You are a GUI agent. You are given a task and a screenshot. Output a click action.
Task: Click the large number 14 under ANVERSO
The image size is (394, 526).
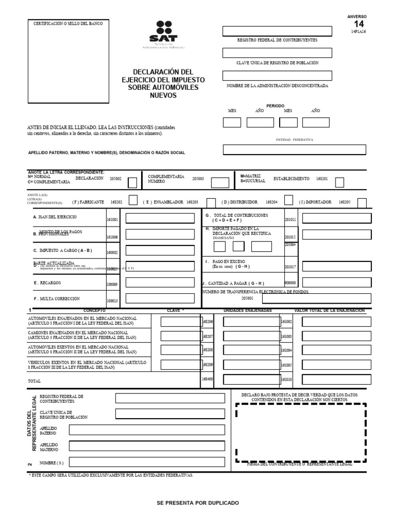pos(359,24)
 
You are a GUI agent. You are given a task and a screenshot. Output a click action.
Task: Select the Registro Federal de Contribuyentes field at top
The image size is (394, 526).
pos(277,31)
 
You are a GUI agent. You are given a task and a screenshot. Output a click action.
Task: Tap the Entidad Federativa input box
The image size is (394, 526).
pos(294,149)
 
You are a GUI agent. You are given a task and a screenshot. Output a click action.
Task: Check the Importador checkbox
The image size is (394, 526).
pos(362,202)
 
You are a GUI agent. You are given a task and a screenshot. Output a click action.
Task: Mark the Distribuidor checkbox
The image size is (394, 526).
pos(288,201)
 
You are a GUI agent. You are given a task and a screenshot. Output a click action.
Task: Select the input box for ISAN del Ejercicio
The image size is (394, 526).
pos(160,218)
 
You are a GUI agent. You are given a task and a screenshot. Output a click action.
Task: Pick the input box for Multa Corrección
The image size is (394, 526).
pos(160,298)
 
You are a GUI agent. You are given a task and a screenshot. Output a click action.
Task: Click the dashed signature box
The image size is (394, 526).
pos(301,432)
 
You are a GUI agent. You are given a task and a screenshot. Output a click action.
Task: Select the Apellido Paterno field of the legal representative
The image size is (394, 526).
pos(147,430)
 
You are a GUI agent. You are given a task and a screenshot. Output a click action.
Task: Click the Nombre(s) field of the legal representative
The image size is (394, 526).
pos(147,462)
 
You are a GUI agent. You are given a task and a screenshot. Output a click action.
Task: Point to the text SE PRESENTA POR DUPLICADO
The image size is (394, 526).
pos(198,503)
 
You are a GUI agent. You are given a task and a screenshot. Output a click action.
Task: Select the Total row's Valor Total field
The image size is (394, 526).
pos(336,380)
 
